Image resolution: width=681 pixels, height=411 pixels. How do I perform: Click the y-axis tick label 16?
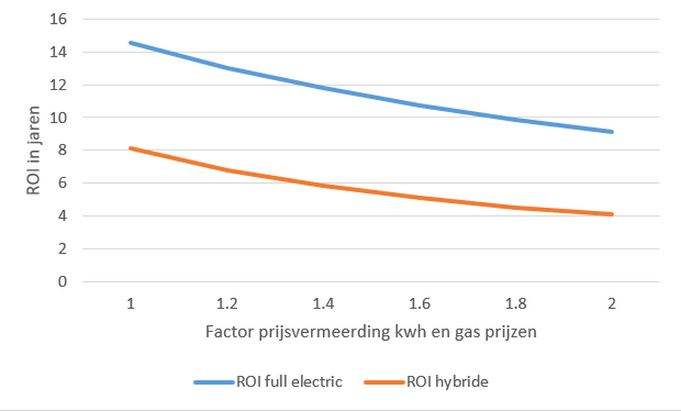(x=59, y=19)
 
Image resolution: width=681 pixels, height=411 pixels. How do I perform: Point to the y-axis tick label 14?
(x=59, y=52)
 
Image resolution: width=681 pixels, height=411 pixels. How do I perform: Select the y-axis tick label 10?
(x=59, y=117)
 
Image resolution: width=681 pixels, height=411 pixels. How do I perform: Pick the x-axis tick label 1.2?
(x=227, y=304)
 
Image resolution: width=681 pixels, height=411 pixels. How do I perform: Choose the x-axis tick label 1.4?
(x=323, y=304)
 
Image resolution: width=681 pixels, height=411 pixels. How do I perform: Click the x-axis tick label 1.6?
(x=419, y=304)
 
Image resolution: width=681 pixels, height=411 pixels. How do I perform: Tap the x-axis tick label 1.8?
(x=516, y=304)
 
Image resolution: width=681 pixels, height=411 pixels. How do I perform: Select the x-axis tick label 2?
(x=612, y=304)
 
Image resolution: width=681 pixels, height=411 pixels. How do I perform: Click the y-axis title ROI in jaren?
(x=34, y=150)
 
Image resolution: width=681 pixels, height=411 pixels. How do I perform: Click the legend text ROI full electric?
(x=289, y=382)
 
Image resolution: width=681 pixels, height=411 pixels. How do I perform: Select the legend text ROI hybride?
(x=447, y=382)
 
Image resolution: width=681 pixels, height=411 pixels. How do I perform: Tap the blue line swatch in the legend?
(x=214, y=382)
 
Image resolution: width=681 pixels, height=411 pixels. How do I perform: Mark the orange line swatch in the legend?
(x=384, y=382)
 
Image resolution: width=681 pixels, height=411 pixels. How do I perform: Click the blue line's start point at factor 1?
(x=131, y=43)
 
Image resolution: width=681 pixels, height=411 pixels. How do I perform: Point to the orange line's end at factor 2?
(x=612, y=214)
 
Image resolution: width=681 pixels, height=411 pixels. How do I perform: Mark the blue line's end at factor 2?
(x=612, y=132)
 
